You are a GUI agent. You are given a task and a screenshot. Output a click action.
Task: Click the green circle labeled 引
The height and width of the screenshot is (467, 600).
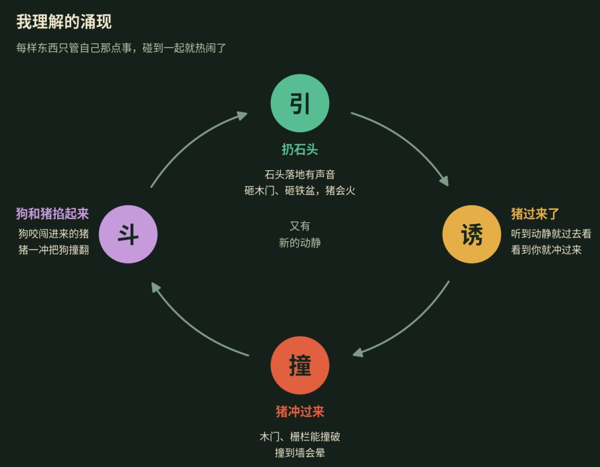[x=300, y=103]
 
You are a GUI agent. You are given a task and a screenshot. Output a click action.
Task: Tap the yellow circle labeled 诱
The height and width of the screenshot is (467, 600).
[x=472, y=234]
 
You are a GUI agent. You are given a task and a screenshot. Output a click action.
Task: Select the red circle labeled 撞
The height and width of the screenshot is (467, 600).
[x=300, y=366]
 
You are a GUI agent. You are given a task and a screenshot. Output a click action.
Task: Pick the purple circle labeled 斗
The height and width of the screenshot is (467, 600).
[x=128, y=234]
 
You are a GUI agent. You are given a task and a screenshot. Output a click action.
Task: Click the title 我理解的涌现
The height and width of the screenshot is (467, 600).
[x=64, y=22]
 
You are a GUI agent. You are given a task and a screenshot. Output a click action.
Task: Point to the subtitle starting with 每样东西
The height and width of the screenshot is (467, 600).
[x=121, y=48]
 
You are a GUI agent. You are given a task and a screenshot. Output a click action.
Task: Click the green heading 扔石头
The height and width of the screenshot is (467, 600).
[x=300, y=149]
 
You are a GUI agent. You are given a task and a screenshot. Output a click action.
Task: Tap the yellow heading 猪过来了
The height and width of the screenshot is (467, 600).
[x=535, y=214]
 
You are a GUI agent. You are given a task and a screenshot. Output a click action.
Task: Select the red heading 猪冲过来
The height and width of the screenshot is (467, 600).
[x=300, y=411]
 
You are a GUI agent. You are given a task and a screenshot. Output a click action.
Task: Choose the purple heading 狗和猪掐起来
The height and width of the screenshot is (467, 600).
[x=52, y=214]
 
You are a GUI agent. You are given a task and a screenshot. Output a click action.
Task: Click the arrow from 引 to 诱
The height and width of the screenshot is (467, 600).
[x=406, y=141]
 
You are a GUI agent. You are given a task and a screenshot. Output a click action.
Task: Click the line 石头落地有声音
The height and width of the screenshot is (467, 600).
[x=300, y=175]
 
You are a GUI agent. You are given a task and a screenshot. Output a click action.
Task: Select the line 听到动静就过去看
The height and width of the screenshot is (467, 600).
[x=551, y=233]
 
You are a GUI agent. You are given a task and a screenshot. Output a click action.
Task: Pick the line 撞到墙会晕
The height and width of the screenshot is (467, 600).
[x=300, y=453]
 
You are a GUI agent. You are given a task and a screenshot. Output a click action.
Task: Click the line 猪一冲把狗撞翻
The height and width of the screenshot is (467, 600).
[x=54, y=250]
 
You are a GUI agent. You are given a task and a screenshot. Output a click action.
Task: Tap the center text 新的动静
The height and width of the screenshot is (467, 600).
[x=300, y=243]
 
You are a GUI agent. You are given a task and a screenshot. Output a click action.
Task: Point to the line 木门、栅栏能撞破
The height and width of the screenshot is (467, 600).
[x=300, y=436]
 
